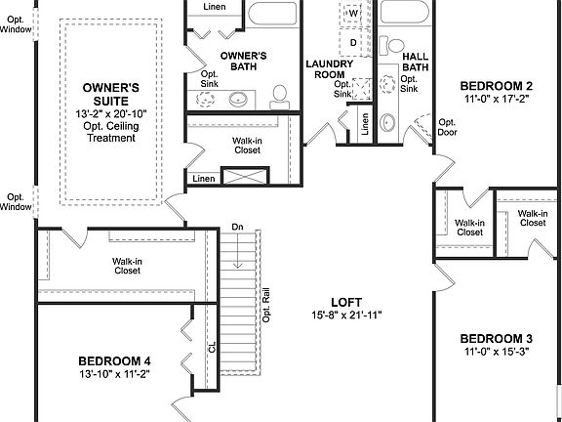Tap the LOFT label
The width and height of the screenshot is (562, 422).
pos(344,301)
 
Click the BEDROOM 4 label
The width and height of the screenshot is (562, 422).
pos(114,359)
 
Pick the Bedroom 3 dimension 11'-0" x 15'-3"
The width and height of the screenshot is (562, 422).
pos(497,352)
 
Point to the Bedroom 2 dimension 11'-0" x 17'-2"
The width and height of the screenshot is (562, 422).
pos(497,99)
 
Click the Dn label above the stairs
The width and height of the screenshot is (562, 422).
pos(237,228)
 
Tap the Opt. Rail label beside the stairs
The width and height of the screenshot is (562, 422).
pos(265,307)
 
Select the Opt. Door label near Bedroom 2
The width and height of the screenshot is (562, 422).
pos(447,128)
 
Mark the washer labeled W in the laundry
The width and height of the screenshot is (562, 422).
pos(352,15)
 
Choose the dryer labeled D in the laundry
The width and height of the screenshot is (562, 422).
pos(352,43)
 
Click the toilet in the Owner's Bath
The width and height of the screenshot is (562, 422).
pos(280,94)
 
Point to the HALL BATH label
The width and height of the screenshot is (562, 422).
pos(414,60)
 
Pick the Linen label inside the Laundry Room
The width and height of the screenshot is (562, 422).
pos(364,124)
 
